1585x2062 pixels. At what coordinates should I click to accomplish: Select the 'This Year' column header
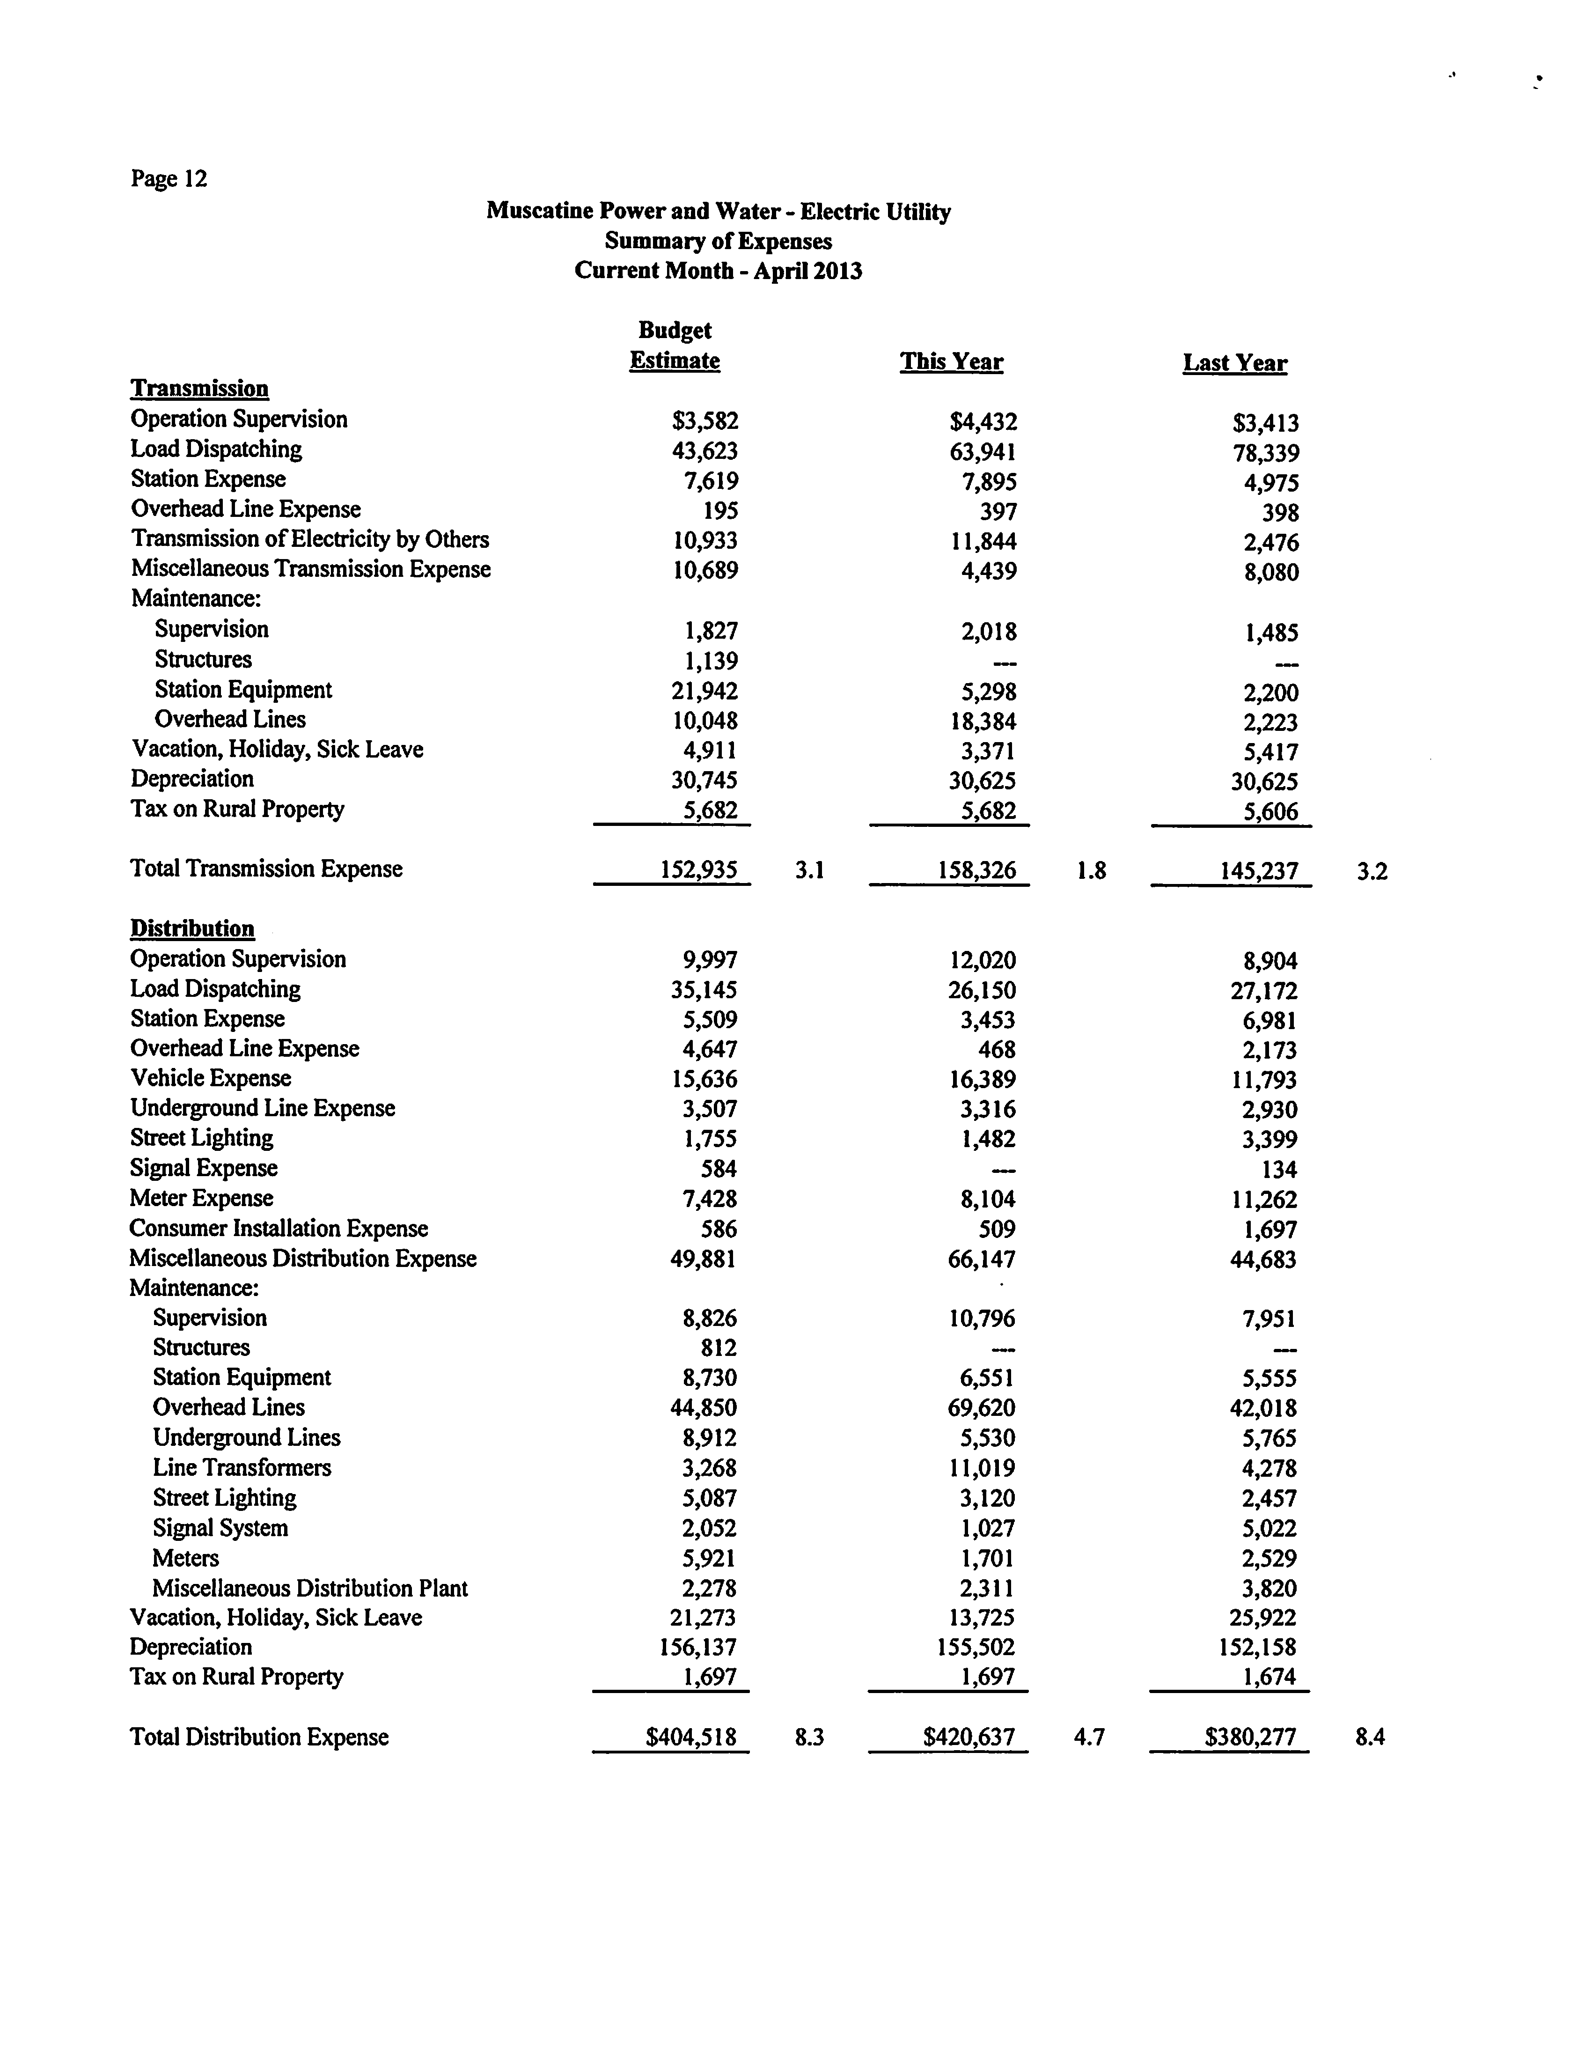click(951, 362)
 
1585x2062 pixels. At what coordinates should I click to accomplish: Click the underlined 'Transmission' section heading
click(199, 389)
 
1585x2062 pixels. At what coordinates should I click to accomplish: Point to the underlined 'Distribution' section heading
click(192, 928)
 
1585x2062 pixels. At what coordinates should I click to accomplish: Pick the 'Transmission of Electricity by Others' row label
click(309, 540)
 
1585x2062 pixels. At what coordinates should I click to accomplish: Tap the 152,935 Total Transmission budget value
click(698, 870)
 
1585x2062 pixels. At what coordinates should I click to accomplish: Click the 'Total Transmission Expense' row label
click(266, 869)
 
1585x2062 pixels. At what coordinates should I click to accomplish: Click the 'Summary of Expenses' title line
click(718, 242)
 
